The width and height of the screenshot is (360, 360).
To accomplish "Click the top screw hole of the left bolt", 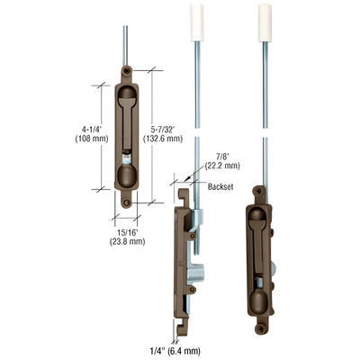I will [127, 70].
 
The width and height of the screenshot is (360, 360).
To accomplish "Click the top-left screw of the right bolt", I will [260, 192].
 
